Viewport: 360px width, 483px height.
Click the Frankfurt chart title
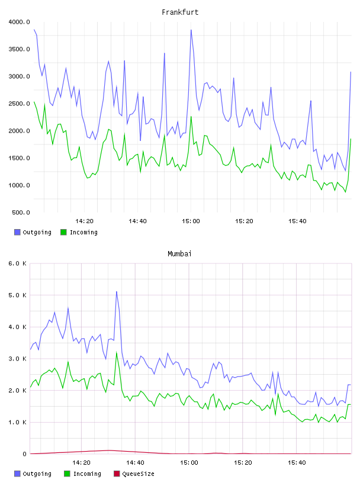point(180,12)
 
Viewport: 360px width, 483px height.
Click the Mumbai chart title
point(179,254)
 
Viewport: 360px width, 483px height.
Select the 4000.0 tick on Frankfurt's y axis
point(19,22)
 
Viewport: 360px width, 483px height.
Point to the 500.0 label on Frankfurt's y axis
point(21,212)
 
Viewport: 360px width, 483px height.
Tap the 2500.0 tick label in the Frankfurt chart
point(19,104)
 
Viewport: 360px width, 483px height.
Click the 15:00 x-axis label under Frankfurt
point(191,221)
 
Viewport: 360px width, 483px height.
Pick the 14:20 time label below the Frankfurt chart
point(84,221)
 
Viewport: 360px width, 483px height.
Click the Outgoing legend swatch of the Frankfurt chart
point(17,232)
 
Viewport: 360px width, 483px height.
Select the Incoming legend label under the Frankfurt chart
point(83,232)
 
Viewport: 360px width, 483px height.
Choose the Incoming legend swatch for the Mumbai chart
point(67,474)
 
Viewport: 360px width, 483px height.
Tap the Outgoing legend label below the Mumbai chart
point(37,474)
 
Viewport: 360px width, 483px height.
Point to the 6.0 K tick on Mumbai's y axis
point(18,263)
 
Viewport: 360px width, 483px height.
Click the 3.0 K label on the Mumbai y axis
point(18,359)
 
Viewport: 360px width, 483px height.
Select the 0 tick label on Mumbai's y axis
point(25,454)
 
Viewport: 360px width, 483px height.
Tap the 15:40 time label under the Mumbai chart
point(297,463)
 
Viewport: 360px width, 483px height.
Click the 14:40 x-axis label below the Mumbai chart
point(135,463)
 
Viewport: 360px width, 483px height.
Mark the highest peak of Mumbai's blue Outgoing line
point(117,291)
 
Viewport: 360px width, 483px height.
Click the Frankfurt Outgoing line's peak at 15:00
point(191,30)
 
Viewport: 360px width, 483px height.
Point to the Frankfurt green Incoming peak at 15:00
point(191,117)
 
